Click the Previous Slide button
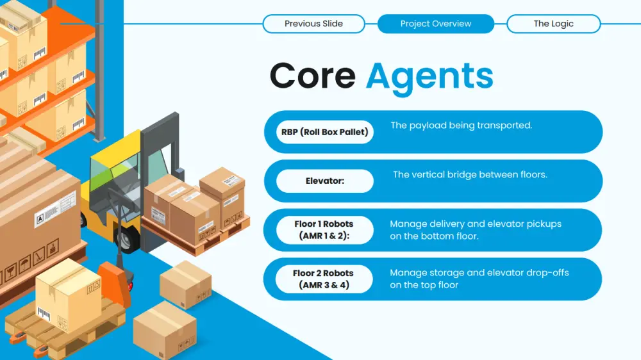click(x=313, y=24)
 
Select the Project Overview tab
click(x=436, y=24)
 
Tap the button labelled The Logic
click(x=554, y=24)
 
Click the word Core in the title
click(x=313, y=76)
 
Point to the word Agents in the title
click(x=429, y=78)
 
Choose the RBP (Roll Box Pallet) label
click(x=325, y=132)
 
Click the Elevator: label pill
click(x=325, y=181)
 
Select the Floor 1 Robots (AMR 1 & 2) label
click(x=324, y=230)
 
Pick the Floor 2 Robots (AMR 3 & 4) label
click(x=323, y=279)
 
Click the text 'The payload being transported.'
click(x=461, y=126)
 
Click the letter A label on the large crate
click(x=40, y=220)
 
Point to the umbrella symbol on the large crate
click(x=24, y=263)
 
